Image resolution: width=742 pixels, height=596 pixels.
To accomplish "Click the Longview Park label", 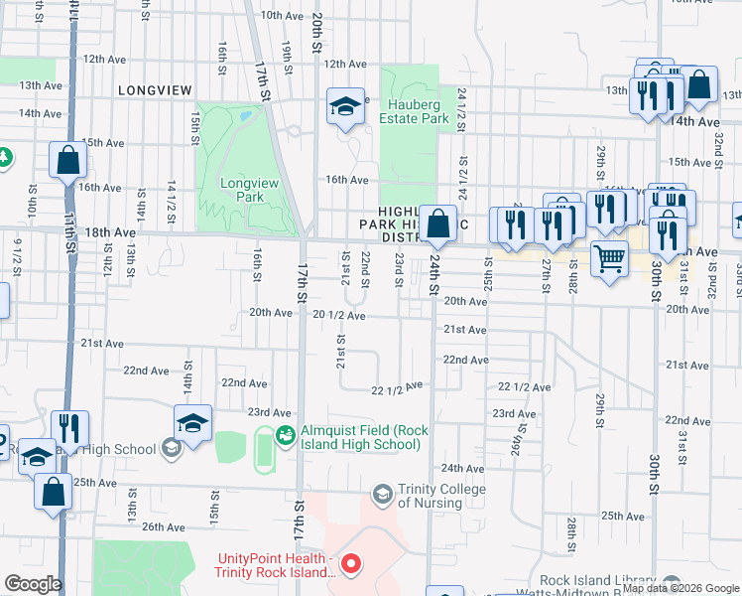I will pos(242,190).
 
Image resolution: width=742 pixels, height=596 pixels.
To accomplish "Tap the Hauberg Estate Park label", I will pos(415,111).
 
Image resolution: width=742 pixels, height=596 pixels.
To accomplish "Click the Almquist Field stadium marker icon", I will pos(286,434).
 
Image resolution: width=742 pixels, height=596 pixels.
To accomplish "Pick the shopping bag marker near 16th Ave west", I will pos(67,160).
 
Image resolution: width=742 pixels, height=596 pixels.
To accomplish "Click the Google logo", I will pos(33,584).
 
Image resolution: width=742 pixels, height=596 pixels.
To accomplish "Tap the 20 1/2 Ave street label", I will pos(339,315).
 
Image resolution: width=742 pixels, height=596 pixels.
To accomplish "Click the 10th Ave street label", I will pos(282,16).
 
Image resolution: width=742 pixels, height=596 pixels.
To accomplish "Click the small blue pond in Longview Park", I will pos(244,117).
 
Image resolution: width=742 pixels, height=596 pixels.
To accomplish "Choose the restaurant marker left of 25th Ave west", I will pos(68,428).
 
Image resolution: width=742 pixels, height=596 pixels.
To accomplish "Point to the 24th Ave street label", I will pos(461,468).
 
